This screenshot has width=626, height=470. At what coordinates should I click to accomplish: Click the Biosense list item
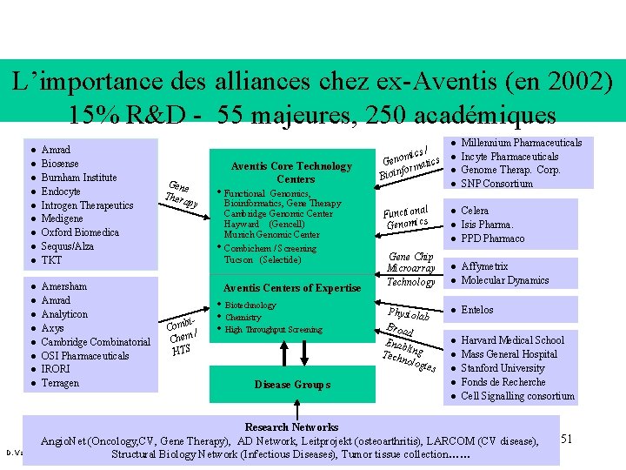(60, 164)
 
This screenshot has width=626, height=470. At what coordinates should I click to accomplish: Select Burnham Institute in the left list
(78, 178)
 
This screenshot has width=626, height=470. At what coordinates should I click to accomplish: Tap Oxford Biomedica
(80, 232)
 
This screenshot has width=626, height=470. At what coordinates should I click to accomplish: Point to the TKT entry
(51, 260)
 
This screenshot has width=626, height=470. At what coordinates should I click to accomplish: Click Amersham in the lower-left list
(63, 286)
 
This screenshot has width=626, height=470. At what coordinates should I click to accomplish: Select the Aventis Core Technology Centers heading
(290, 172)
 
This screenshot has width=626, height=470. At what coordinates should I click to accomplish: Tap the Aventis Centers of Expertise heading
(292, 288)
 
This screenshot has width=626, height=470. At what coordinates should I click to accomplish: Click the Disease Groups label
(292, 385)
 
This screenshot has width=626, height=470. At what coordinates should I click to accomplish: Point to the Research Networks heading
(291, 427)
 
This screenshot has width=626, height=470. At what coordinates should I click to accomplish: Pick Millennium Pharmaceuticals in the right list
(521, 142)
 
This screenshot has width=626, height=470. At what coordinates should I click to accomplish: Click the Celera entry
(475, 211)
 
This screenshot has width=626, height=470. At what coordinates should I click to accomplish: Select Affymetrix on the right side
(484, 266)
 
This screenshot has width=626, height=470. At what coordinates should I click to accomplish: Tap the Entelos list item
(476, 310)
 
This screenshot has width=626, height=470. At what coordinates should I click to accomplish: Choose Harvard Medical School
(512, 340)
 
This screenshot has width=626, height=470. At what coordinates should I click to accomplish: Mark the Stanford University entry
(503, 368)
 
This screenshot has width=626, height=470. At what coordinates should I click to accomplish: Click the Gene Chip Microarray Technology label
(410, 269)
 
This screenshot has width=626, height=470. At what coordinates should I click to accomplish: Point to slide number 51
(566, 438)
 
